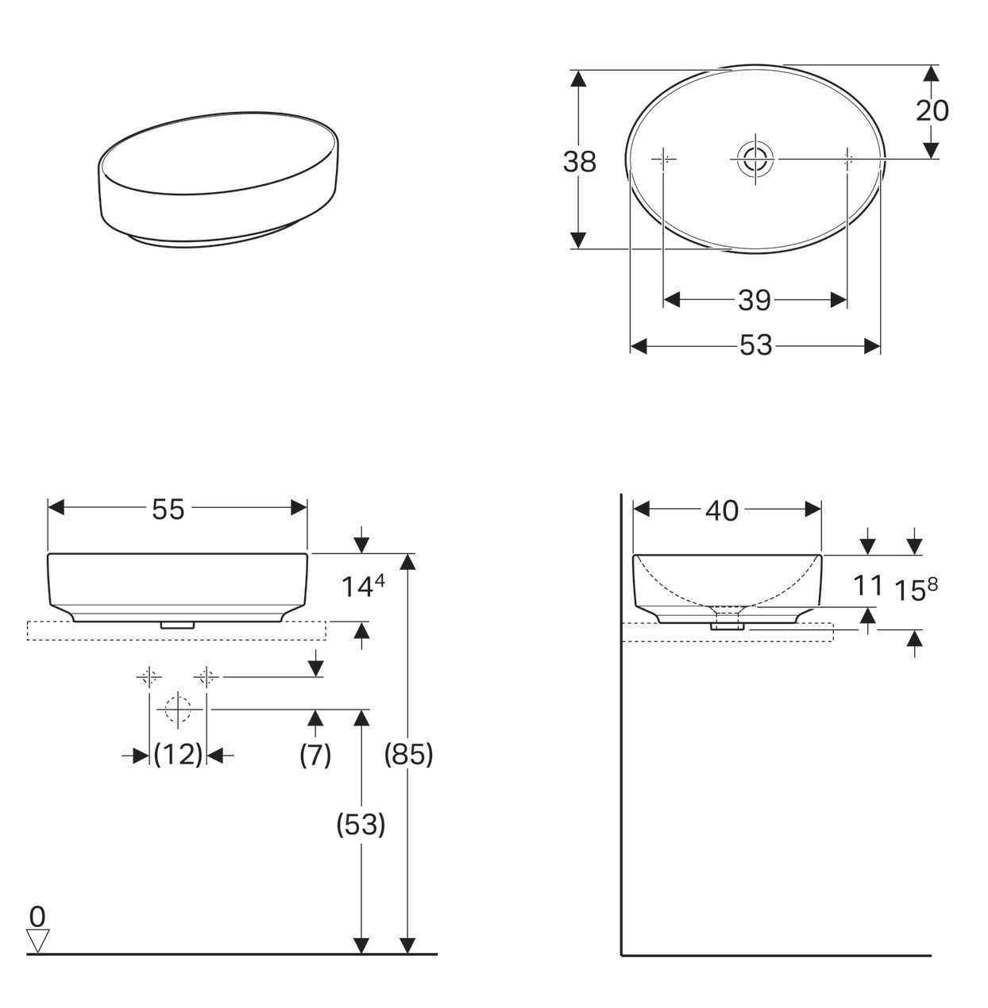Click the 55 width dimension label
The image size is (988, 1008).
point(168,510)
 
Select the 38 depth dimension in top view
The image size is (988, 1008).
point(579,162)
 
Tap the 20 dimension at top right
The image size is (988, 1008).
point(932,111)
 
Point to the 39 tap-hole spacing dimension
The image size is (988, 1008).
point(754,300)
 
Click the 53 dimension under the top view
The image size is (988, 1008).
point(755,346)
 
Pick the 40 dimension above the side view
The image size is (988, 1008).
point(721,512)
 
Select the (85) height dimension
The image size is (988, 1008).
point(408,755)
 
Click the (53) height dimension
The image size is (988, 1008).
point(361,825)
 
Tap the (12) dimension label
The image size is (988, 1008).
point(178,755)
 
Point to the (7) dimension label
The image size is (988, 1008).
point(315,755)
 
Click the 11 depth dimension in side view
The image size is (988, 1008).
point(867,586)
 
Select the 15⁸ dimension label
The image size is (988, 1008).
point(916,589)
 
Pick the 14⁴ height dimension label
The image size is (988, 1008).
point(363,586)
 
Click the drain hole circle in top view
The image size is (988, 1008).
point(755,159)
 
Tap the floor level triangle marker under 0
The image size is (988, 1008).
point(37,941)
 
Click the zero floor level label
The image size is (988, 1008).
point(37,917)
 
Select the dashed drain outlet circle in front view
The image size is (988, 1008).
point(178,709)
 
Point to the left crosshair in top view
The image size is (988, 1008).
point(664,160)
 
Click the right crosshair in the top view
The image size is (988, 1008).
point(847,160)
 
